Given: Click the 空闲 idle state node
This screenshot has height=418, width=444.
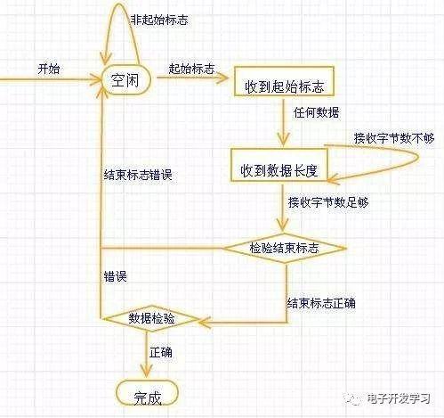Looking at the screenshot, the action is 125,79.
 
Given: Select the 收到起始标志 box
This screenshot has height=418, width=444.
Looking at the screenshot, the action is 284,81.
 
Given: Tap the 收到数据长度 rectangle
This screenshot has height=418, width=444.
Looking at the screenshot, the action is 279,165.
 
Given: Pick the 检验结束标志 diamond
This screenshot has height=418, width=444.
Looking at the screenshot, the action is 284,248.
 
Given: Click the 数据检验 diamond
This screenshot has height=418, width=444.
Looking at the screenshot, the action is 151,319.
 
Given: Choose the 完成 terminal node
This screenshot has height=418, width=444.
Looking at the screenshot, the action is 148,393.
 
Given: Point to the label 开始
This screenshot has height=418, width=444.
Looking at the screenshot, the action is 49,69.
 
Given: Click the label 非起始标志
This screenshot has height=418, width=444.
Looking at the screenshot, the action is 159,20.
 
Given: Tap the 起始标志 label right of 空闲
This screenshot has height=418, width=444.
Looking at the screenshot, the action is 191,69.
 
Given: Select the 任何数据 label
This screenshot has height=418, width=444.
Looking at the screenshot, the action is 317,112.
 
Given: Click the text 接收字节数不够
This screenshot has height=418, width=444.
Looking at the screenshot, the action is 394,138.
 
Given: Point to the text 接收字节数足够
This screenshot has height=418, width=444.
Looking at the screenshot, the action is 328,202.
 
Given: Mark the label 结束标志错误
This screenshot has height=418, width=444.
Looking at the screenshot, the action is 138,175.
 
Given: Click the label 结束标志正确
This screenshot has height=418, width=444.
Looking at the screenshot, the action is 321,303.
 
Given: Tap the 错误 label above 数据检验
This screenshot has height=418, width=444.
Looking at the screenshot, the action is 115,276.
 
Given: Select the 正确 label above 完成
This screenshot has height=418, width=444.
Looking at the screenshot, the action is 161,353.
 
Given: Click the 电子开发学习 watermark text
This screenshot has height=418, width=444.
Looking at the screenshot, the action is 399,398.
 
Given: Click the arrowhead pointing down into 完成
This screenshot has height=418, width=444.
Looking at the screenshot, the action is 146,372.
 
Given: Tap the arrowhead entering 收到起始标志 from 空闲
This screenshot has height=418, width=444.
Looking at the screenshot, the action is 222,78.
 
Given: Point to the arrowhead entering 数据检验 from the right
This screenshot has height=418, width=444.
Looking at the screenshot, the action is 204,323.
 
